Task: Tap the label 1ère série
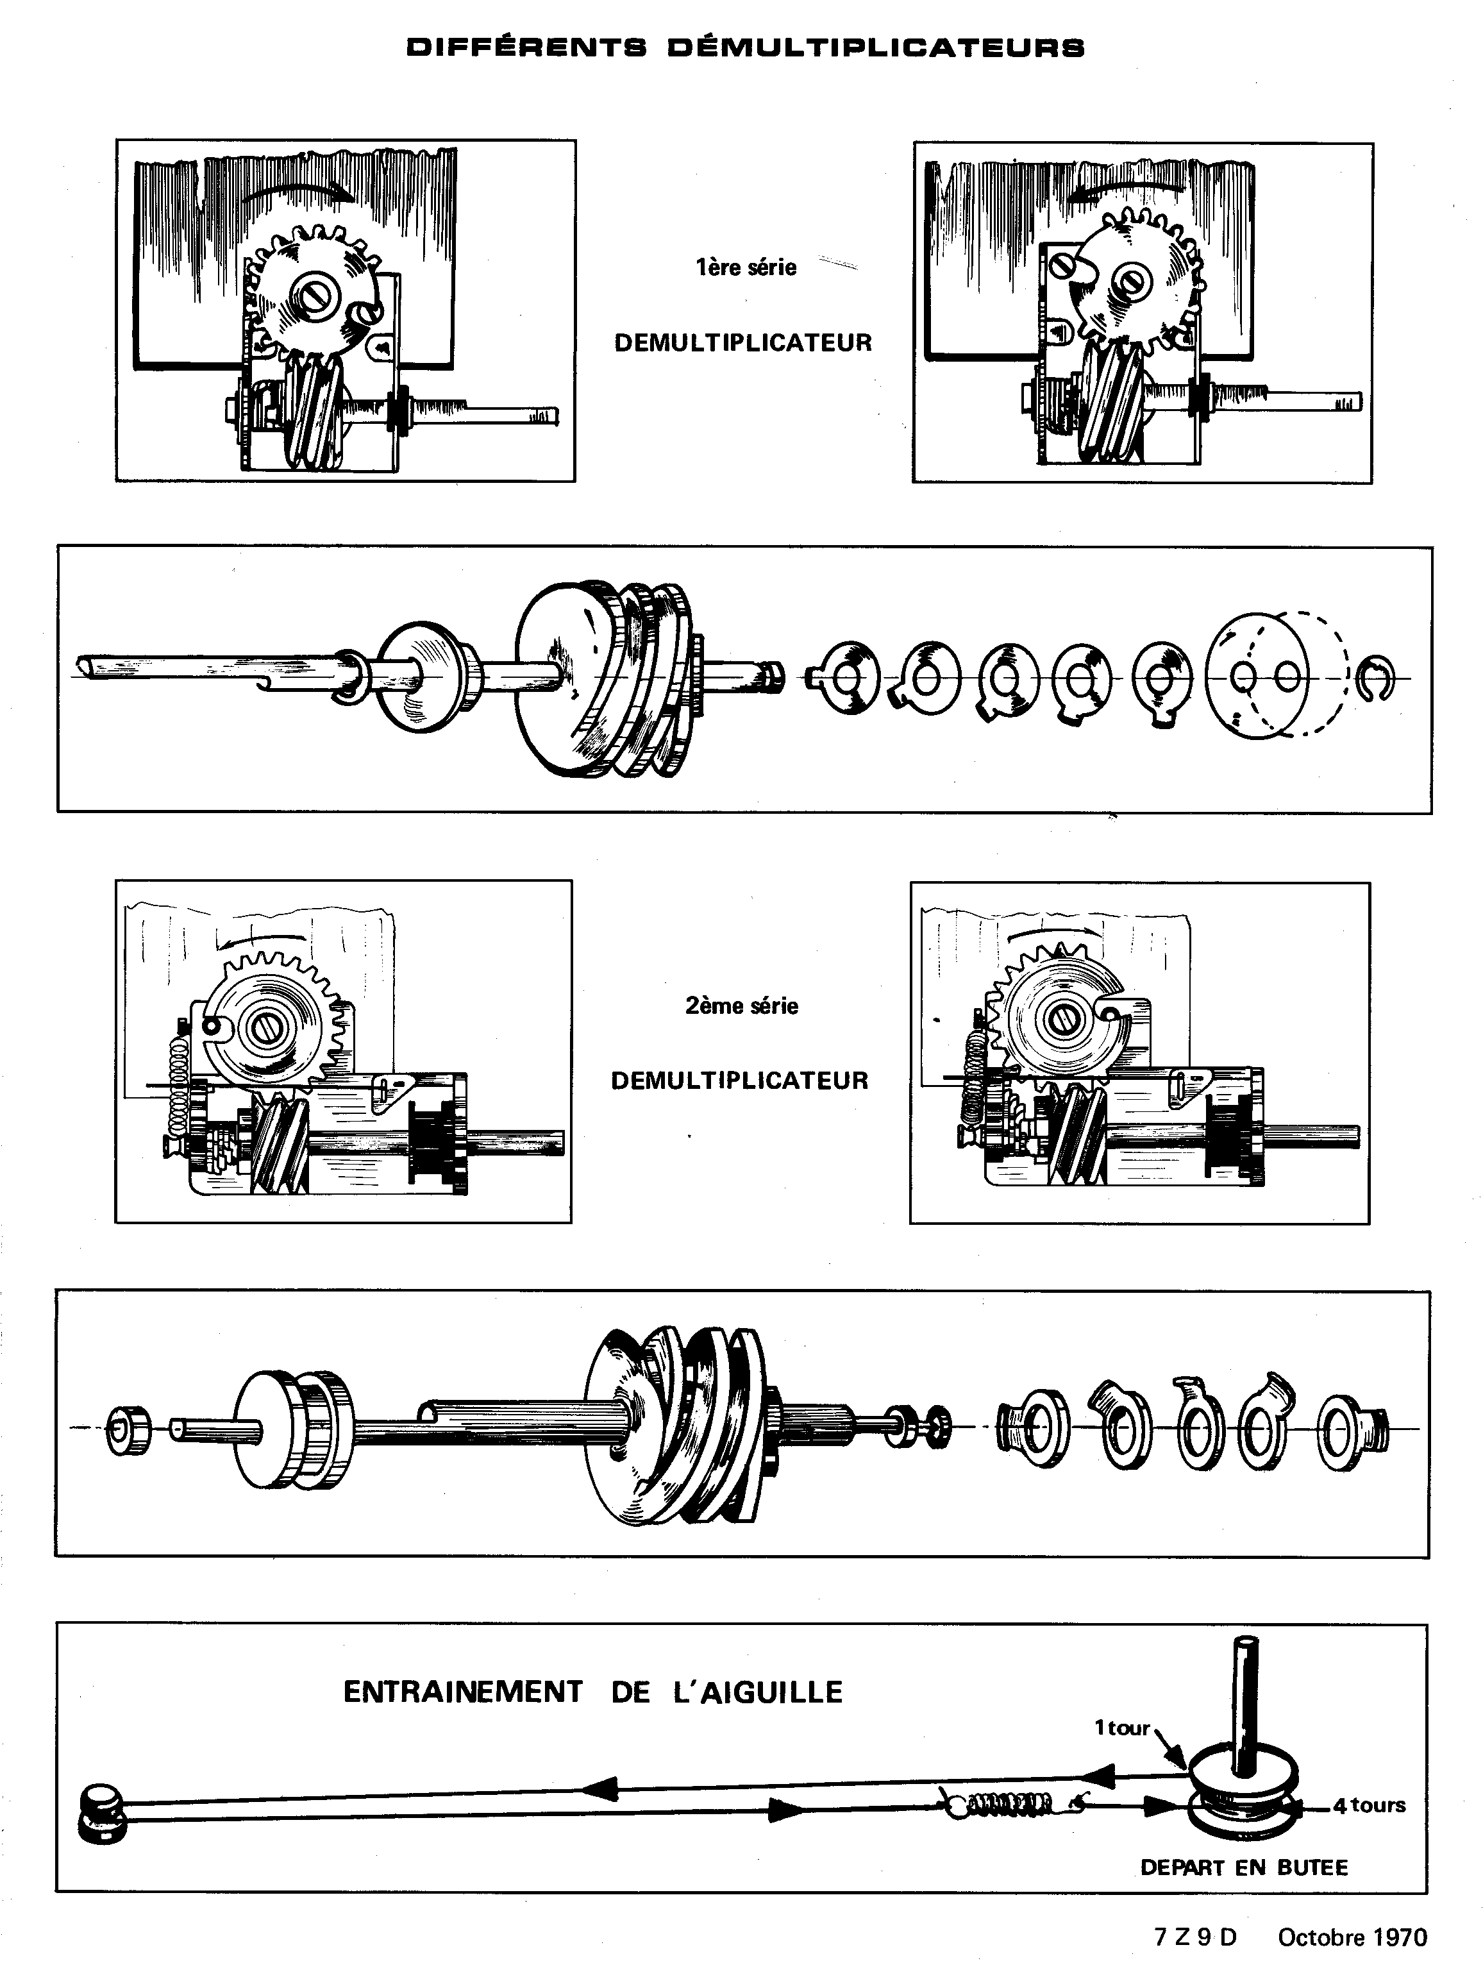click(x=746, y=267)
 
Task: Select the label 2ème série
click(x=741, y=1006)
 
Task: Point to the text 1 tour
click(x=1122, y=1728)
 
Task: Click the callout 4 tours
click(x=1369, y=1805)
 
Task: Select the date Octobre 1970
click(x=1352, y=1937)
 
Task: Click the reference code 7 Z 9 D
click(x=1195, y=1937)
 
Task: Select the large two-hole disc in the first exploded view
click(x=1258, y=677)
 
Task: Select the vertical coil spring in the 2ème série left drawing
click(x=178, y=1093)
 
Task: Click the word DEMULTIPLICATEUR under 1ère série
click(x=743, y=343)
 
